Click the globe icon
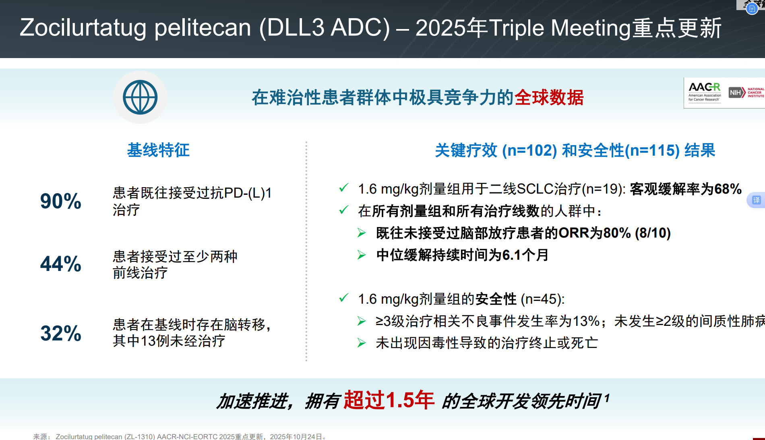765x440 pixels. pyautogui.click(x=140, y=97)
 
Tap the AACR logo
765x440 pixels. pyautogui.click(x=705, y=92)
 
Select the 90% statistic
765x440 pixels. pyautogui.click(x=61, y=201)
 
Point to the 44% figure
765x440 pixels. pyautogui.click(x=61, y=264)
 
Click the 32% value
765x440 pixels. pyautogui.click(x=61, y=333)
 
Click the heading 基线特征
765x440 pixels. pyautogui.click(x=158, y=150)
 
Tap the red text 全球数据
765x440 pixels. pyautogui.click(x=549, y=97)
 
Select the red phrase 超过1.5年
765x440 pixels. pyautogui.click(x=389, y=400)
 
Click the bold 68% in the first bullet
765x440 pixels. pyautogui.click(x=728, y=189)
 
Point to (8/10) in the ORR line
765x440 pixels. pyautogui.click(x=653, y=233)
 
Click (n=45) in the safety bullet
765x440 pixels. pyautogui.click(x=542, y=299)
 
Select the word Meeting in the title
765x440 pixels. pyautogui.click(x=591, y=28)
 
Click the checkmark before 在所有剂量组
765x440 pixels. pyautogui.click(x=343, y=210)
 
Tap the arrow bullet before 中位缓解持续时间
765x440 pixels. pyautogui.click(x=362, y=255)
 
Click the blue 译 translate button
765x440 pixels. pyautogui.click(x=756, y=200)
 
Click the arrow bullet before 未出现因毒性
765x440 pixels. pyautogui.click(x=362, y=343)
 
